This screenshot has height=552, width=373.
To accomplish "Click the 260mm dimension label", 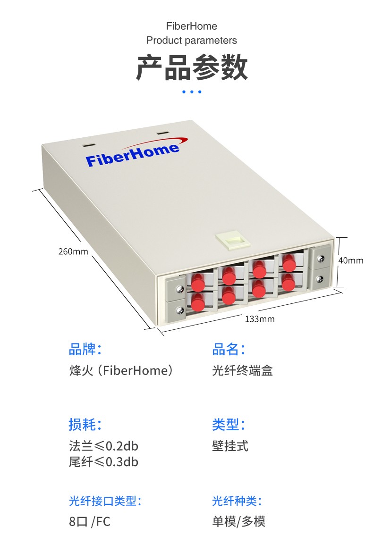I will [73, 251].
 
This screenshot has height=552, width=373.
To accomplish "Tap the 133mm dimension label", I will [260, 319].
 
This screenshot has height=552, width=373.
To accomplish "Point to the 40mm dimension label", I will [351, 260].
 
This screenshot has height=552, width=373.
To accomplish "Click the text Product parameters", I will [192, 41].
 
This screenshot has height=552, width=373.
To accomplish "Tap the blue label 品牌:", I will [85, 350].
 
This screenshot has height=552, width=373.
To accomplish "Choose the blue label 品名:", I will [229, 350].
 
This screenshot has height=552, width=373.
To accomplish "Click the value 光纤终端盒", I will [243, 371].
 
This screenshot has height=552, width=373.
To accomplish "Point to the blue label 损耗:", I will [85, 425].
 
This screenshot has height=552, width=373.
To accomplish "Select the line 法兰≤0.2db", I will [103, 446].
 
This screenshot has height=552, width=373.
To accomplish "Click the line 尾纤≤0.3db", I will [103, 462].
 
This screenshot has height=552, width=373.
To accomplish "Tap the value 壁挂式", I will [230, 446].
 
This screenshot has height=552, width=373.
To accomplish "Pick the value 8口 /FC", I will [90, 522].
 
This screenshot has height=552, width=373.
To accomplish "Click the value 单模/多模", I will [239, 522].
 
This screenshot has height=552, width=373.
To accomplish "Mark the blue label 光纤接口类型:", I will [105, 501].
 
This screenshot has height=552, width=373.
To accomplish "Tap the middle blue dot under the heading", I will [192, 92].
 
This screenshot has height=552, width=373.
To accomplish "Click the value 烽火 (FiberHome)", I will [121, 371].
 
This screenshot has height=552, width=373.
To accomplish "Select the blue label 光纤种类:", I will [237, 501].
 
